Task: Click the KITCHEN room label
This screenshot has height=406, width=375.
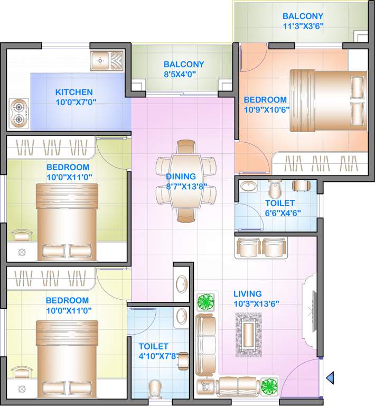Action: tap(74, 92)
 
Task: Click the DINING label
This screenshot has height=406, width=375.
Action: tap(181, 176)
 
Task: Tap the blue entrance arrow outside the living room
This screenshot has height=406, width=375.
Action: tap(330, 377)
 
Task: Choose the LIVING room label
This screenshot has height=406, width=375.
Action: tap(248, 293)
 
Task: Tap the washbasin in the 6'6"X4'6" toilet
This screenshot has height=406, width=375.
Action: tap(248, 188)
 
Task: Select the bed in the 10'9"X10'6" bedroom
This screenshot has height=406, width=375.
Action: tap(327, 100)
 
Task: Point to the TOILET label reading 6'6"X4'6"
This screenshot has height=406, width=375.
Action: tap(280, 202)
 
